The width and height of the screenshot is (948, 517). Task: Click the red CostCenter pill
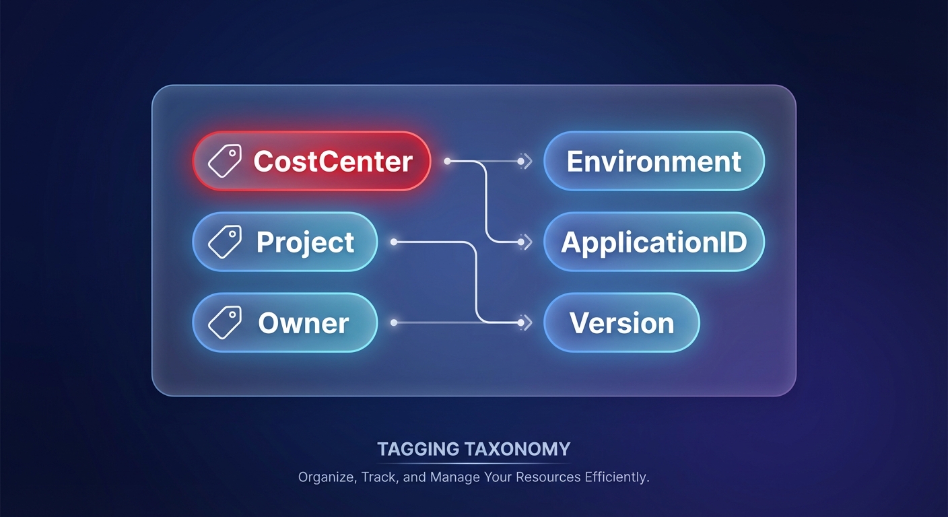[x=312, y=162]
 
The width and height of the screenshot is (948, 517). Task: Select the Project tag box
[x=285, y=242]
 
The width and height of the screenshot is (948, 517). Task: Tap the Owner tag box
[x=285, y=323]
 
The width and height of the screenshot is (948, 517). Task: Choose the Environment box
[x=654, y=162]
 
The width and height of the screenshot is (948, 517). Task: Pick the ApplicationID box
[x=654, y=242]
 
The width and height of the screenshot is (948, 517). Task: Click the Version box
[x=621, y=323]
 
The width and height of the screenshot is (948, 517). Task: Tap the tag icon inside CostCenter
[x=225, y=162]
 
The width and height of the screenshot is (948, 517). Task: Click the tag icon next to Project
[x=225, y=242]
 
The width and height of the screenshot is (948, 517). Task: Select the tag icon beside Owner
[x=225, y=323]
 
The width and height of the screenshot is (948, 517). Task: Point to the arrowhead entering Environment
[x=527, y=162]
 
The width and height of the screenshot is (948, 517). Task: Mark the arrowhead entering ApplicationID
[x=527, y=242]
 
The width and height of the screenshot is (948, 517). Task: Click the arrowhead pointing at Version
[x=527, y=323]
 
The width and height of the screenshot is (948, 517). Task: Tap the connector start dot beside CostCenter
[x=447, y=162]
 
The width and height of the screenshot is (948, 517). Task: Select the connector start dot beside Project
[x=394, y=242]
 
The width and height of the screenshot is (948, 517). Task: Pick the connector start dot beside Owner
[x=394, y=323]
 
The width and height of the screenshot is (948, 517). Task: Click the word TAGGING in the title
[x=418, y=449]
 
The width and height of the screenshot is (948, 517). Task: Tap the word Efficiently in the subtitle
[x=613, y=478]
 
